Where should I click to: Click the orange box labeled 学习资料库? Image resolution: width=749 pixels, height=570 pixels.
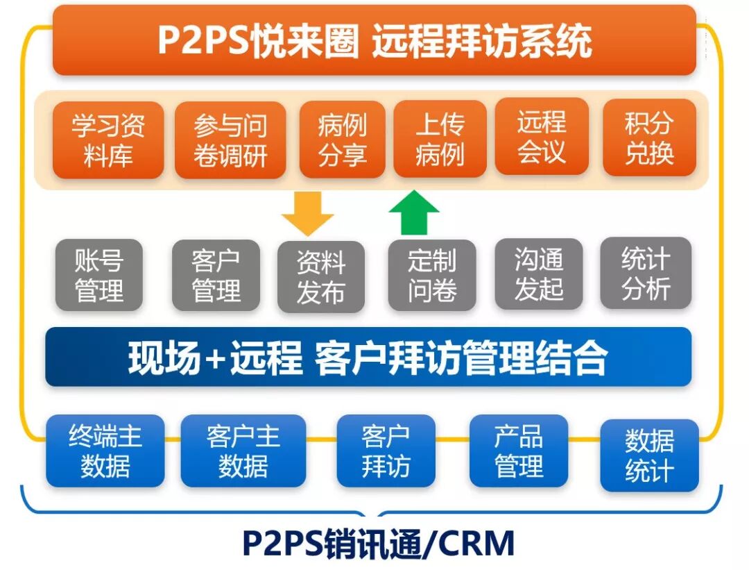(108, 140)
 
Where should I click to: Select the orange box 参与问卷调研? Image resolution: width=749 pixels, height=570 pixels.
(230, 140)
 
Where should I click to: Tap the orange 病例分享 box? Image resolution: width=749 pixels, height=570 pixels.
(343, 140)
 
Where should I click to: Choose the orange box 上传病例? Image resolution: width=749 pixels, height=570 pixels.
(440, 139)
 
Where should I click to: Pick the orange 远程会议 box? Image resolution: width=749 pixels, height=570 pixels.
(542, 137)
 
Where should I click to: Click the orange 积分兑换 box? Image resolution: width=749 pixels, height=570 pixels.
(649, 137)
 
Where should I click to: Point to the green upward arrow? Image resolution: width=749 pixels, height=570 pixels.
(414, 212)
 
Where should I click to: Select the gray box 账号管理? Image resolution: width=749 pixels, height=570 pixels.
(99, 275)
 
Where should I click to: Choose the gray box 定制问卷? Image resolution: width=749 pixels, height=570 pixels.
(432, 276)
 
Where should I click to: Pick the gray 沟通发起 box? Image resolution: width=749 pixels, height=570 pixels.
(539, 274)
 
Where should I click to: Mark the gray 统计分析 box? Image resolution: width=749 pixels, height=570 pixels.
(646, 274)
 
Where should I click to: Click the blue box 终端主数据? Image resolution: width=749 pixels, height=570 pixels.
(105, 451)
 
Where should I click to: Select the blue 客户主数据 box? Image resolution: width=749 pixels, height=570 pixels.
(243, 451)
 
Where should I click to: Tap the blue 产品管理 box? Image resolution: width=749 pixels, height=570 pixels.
(519, 451)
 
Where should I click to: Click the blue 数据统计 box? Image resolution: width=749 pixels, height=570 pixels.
(649, 455)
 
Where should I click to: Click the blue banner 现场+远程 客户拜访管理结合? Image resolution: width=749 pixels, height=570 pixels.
(368, 357)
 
